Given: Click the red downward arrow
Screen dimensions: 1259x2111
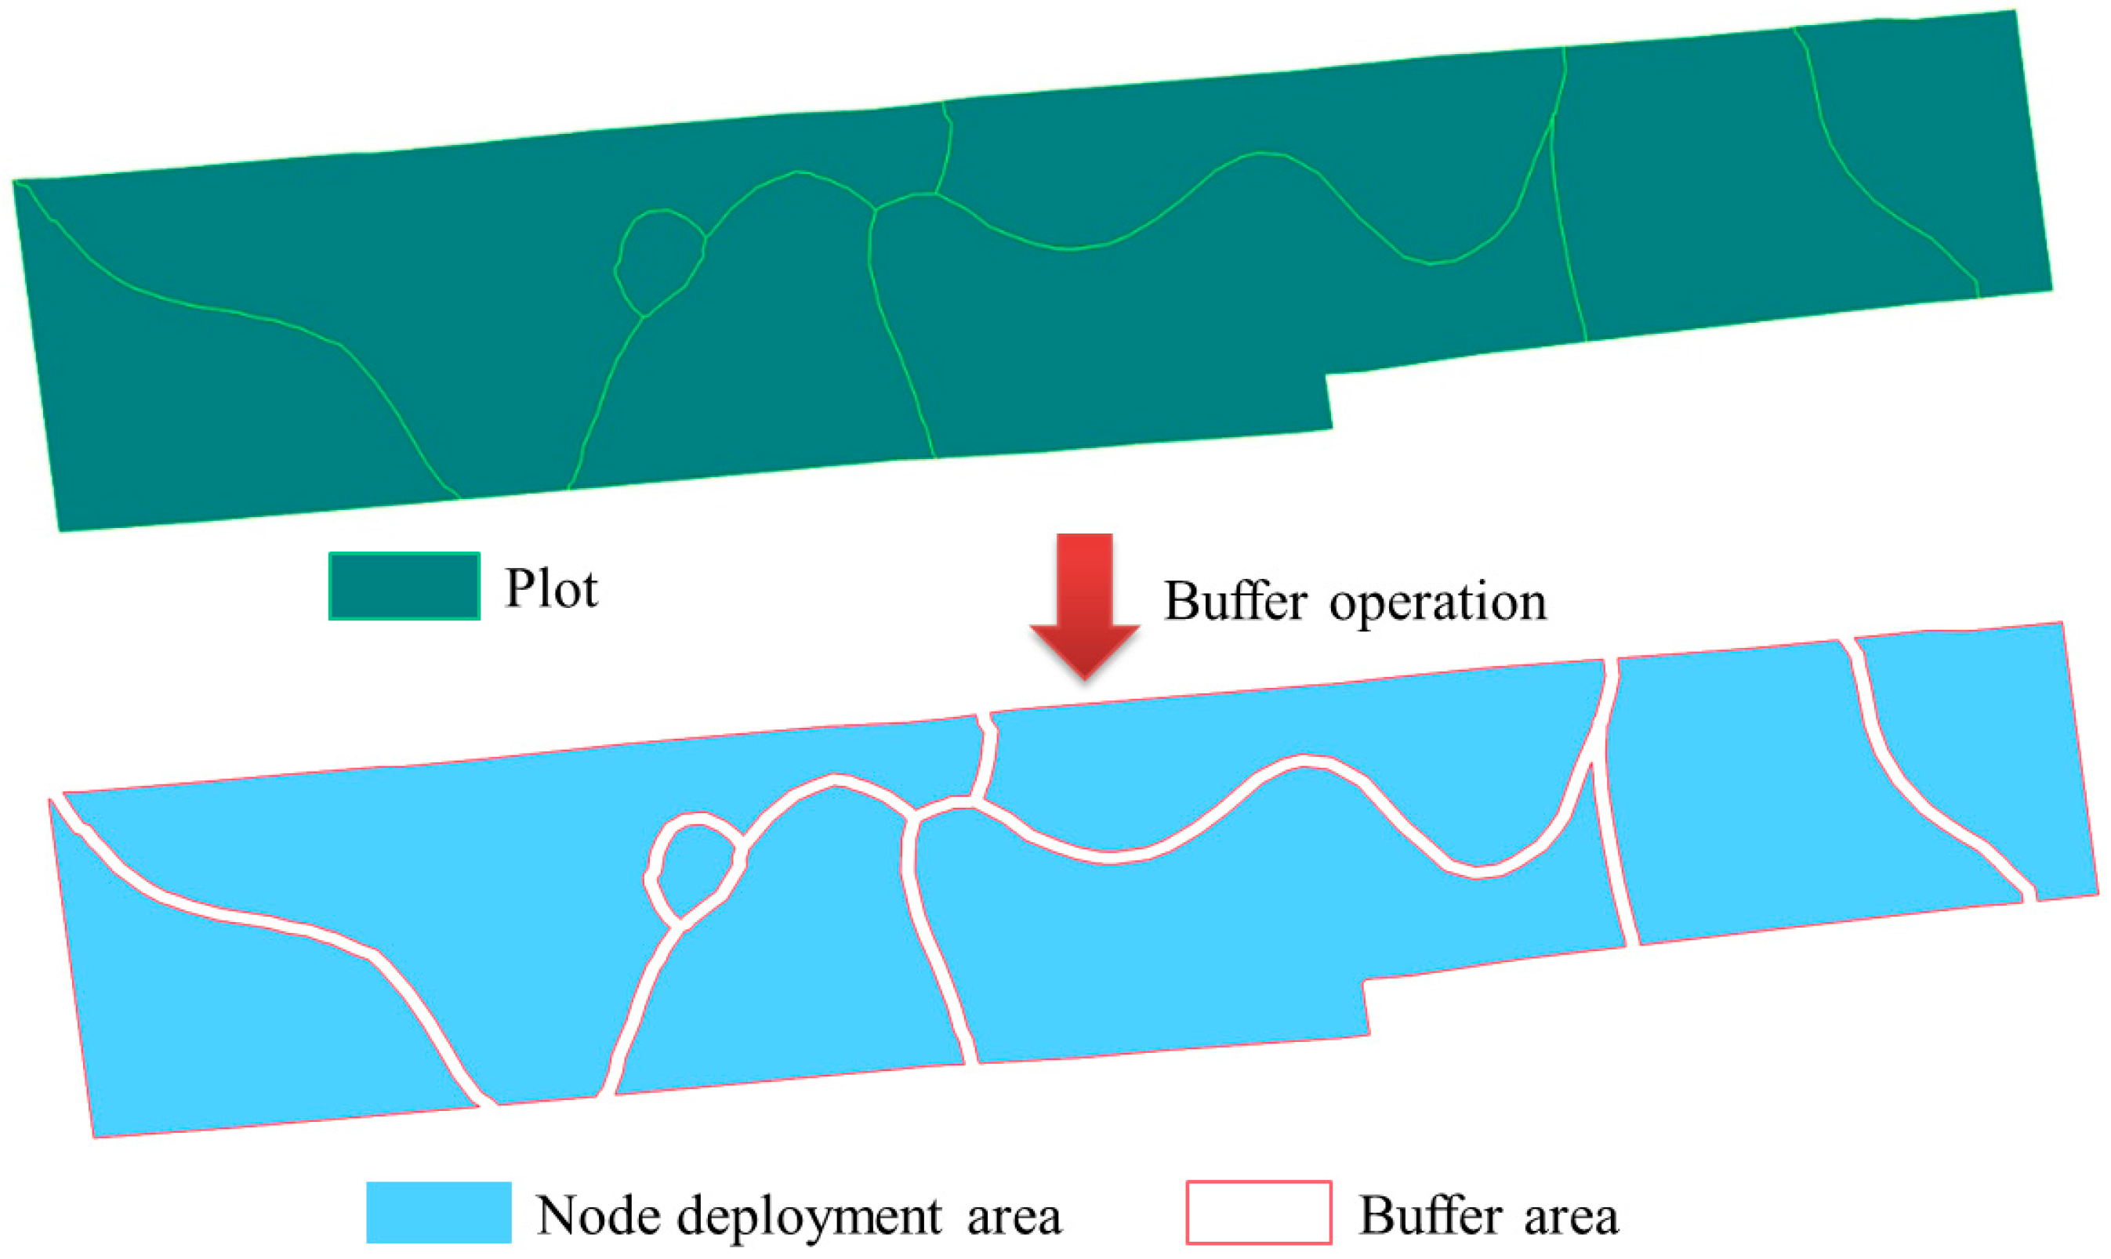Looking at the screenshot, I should pos(1084,603).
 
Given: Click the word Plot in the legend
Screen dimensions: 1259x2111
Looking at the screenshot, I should pos(551,588).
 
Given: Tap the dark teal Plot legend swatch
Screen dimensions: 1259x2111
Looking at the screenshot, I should pos(404,586).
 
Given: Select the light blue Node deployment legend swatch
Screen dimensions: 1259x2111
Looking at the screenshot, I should pos(438,1212).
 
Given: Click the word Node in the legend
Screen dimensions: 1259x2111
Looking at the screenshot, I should pos(598,1216).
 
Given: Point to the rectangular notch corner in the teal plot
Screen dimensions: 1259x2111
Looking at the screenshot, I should pos(1326,374).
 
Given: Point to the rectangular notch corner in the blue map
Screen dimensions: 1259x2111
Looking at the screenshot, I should pos(1363,982).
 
